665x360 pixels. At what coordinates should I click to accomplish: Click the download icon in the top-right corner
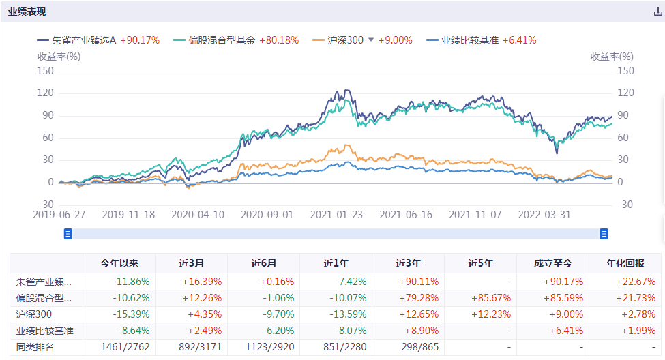coord(657,12)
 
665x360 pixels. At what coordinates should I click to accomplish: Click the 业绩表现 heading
coord(27,12)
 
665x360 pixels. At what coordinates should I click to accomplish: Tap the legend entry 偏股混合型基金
coord(216,40)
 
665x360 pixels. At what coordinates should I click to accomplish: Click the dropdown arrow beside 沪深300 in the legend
coord(371,40)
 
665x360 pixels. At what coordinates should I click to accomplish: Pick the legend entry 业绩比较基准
coord(470,40)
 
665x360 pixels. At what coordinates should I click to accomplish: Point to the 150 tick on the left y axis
coord(45,71)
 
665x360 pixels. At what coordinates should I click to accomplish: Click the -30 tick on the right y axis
coord(625,205)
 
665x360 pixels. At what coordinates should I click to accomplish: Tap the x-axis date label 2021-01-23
coord(336,214)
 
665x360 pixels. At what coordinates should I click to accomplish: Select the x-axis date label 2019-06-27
coord(59,214)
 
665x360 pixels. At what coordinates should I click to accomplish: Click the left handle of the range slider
coord(68,234)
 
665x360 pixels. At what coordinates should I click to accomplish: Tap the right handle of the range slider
coord(604,234)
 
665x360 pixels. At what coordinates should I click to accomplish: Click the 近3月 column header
coord(192,263)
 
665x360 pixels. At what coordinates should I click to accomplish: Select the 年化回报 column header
coord(625,263)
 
